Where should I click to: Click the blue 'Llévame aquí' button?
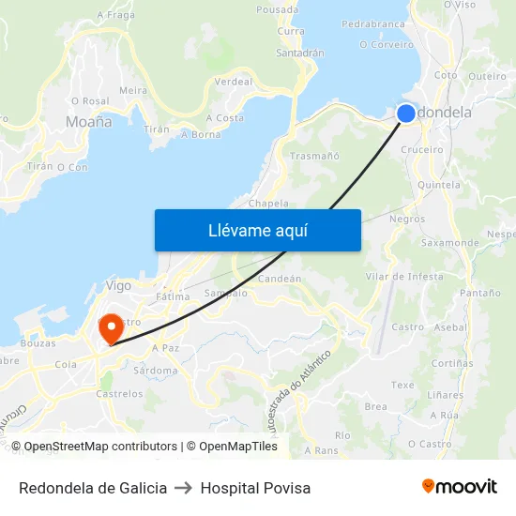(x=257, y=230)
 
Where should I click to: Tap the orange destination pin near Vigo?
(x=112, y=328)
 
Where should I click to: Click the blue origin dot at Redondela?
(x=405, y=114)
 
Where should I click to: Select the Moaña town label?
(x=89, y=122)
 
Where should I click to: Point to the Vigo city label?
(x=119, y=285)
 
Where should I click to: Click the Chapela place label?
(x=268, y=203)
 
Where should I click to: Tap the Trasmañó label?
(x=315, y=156)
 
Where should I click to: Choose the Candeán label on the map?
(x=280, y=279)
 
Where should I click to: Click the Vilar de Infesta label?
(x=404, y=276)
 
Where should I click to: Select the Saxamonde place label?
(x=450, y=242)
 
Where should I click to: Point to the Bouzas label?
(x=38, y=343)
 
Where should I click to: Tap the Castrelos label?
(x=119, y=394)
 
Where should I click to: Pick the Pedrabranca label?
(x=373, y=23)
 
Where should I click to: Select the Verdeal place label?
(x=234, y=82)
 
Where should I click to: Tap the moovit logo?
(x=460, y=487)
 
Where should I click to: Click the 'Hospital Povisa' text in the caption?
(x=255, y=488)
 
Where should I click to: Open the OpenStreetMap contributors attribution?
(x=100, y=447)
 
